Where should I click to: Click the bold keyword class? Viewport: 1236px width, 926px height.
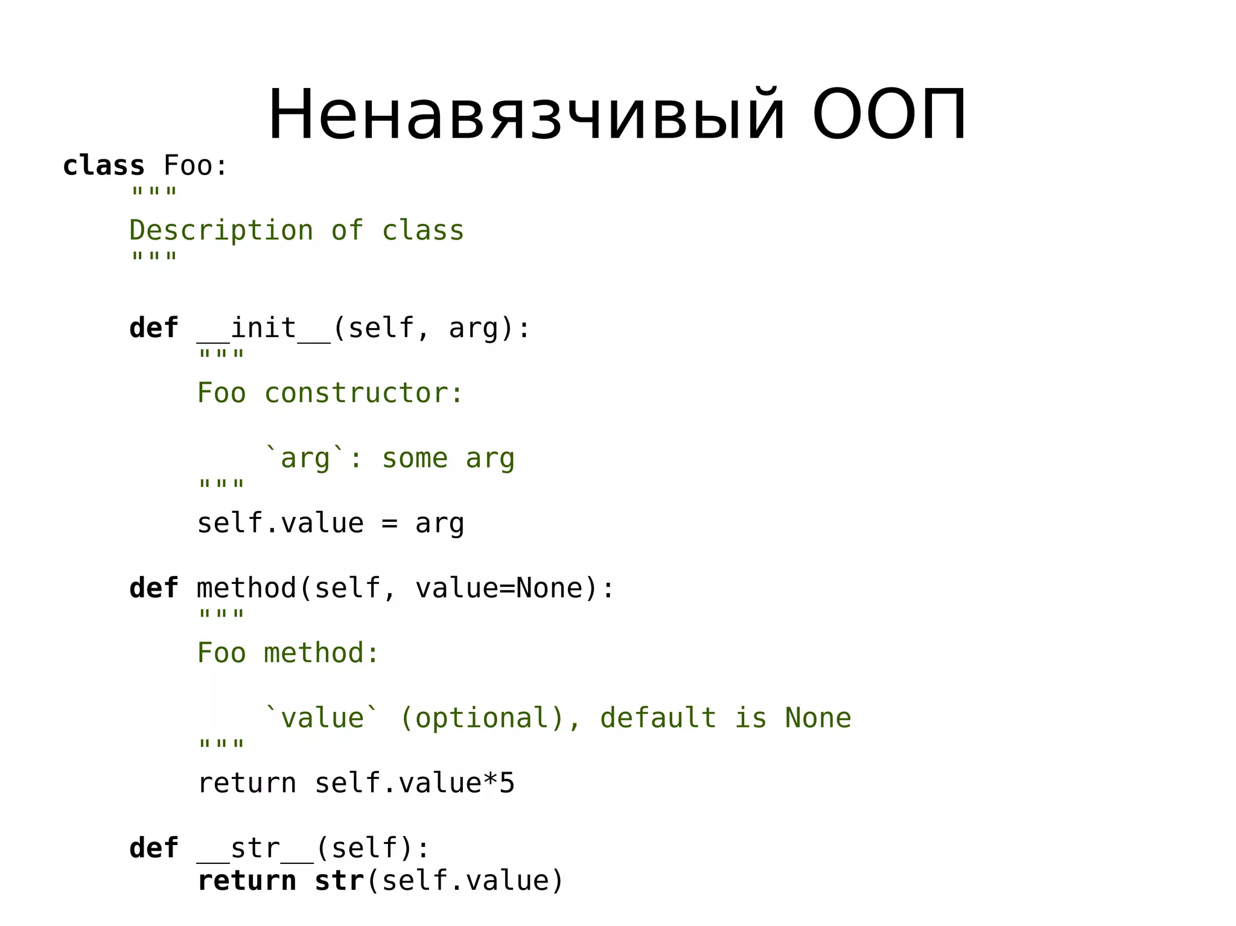point(104,166)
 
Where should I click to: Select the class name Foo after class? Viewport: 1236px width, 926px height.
point(188,166)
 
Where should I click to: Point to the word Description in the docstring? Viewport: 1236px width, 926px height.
point(221,231)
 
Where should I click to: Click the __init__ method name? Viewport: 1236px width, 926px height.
point(264,329)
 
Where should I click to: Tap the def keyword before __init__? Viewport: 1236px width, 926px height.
point(154,329)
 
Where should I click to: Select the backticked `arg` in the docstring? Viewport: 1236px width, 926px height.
point(306,458)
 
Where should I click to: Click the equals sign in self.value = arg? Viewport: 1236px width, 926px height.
point(389,524)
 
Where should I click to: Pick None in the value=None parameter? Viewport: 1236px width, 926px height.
point(549,588)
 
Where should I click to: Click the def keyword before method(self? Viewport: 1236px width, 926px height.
point(154,588)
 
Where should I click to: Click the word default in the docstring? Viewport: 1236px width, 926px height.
point(658,718)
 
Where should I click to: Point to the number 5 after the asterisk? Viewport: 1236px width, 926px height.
point(507,784)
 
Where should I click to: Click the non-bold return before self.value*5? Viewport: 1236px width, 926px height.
point(247,784)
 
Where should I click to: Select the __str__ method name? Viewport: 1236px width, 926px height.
point(255,849)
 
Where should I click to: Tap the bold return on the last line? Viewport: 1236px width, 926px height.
point(247,881)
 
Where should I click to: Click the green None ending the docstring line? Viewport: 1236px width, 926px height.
point(818,718)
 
